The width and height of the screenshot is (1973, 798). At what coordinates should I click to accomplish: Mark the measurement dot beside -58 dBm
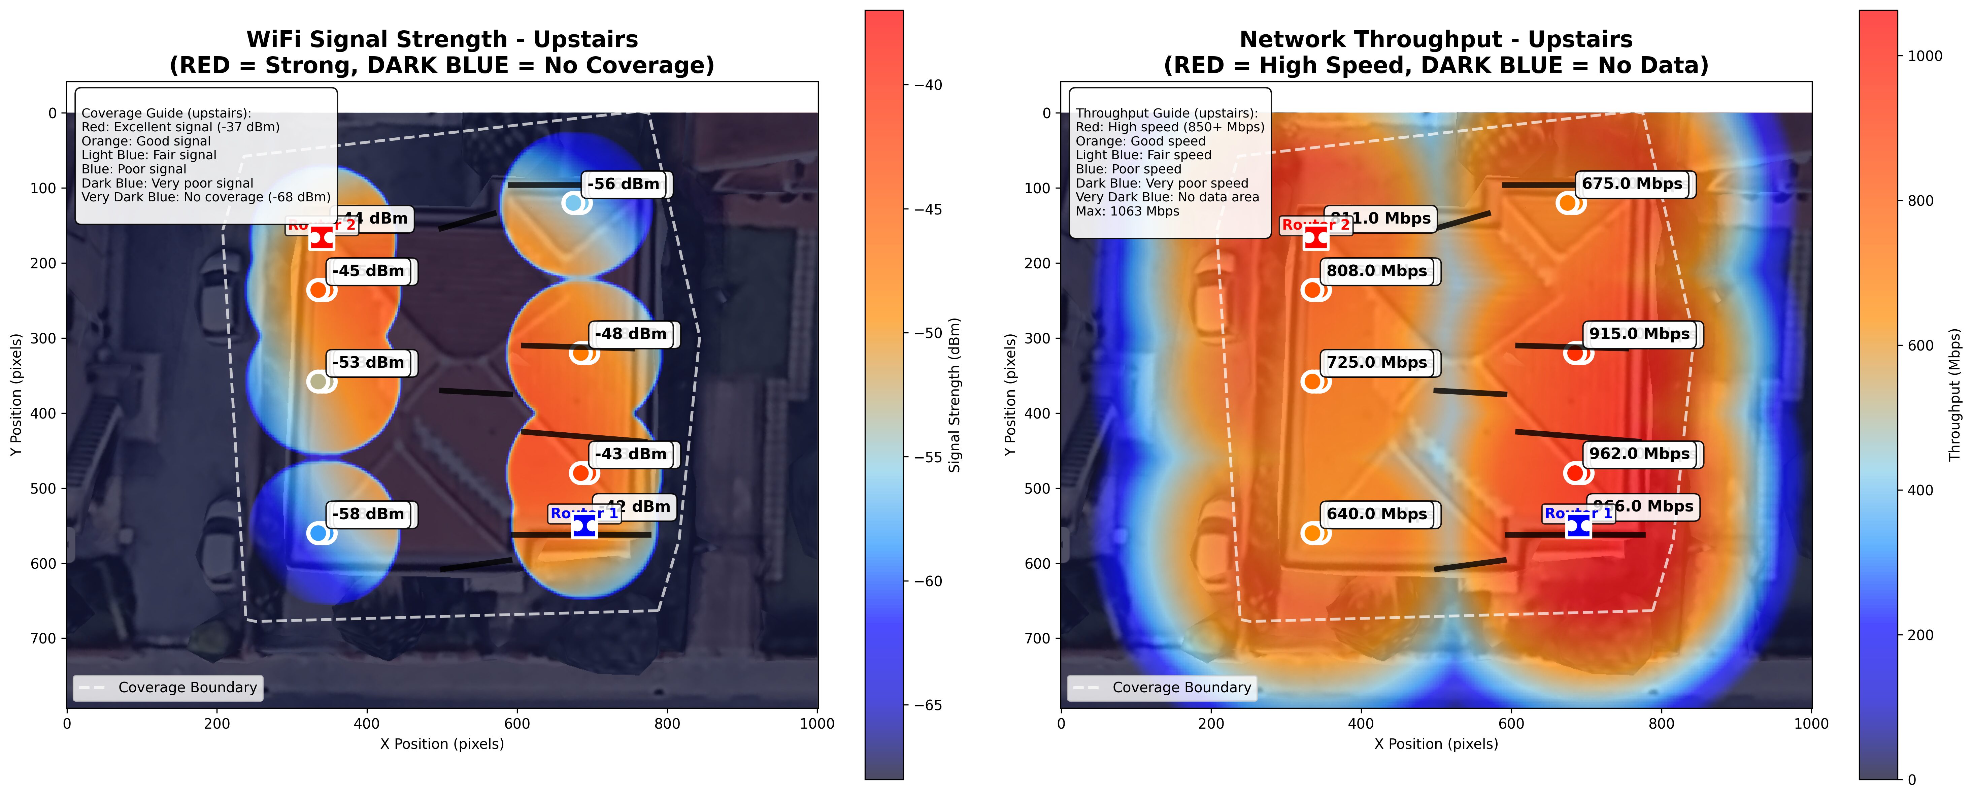coord(319,533)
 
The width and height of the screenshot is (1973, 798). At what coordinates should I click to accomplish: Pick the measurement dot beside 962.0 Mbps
coord(1575,473)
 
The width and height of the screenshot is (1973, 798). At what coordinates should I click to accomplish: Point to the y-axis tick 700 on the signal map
coord(42,638)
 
